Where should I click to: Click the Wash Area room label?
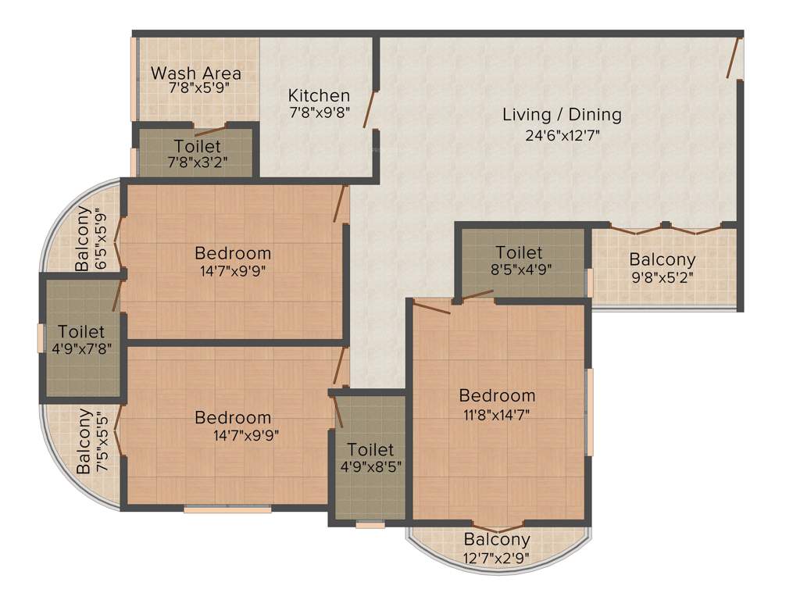coord(196,73)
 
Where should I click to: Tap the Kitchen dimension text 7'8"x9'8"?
coord(319,112)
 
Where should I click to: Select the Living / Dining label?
coord(562,115)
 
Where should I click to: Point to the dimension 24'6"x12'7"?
coord(562,134)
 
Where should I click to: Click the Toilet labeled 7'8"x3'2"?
coord(197,153)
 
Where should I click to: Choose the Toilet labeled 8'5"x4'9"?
coord(520,260)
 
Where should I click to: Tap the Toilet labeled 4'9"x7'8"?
coord(81,340)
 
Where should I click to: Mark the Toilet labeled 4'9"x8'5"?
coord(370,458)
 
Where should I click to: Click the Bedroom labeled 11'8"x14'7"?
coord(497,405)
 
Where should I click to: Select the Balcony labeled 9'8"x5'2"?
coord(662,267)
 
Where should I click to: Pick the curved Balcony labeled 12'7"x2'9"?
coord(497,547)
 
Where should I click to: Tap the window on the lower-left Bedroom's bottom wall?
coord(227,509)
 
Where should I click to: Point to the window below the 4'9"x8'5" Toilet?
coord(370,525)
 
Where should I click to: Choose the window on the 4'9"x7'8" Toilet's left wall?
coord(41,337)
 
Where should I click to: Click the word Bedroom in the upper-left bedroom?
coord(233,253)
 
